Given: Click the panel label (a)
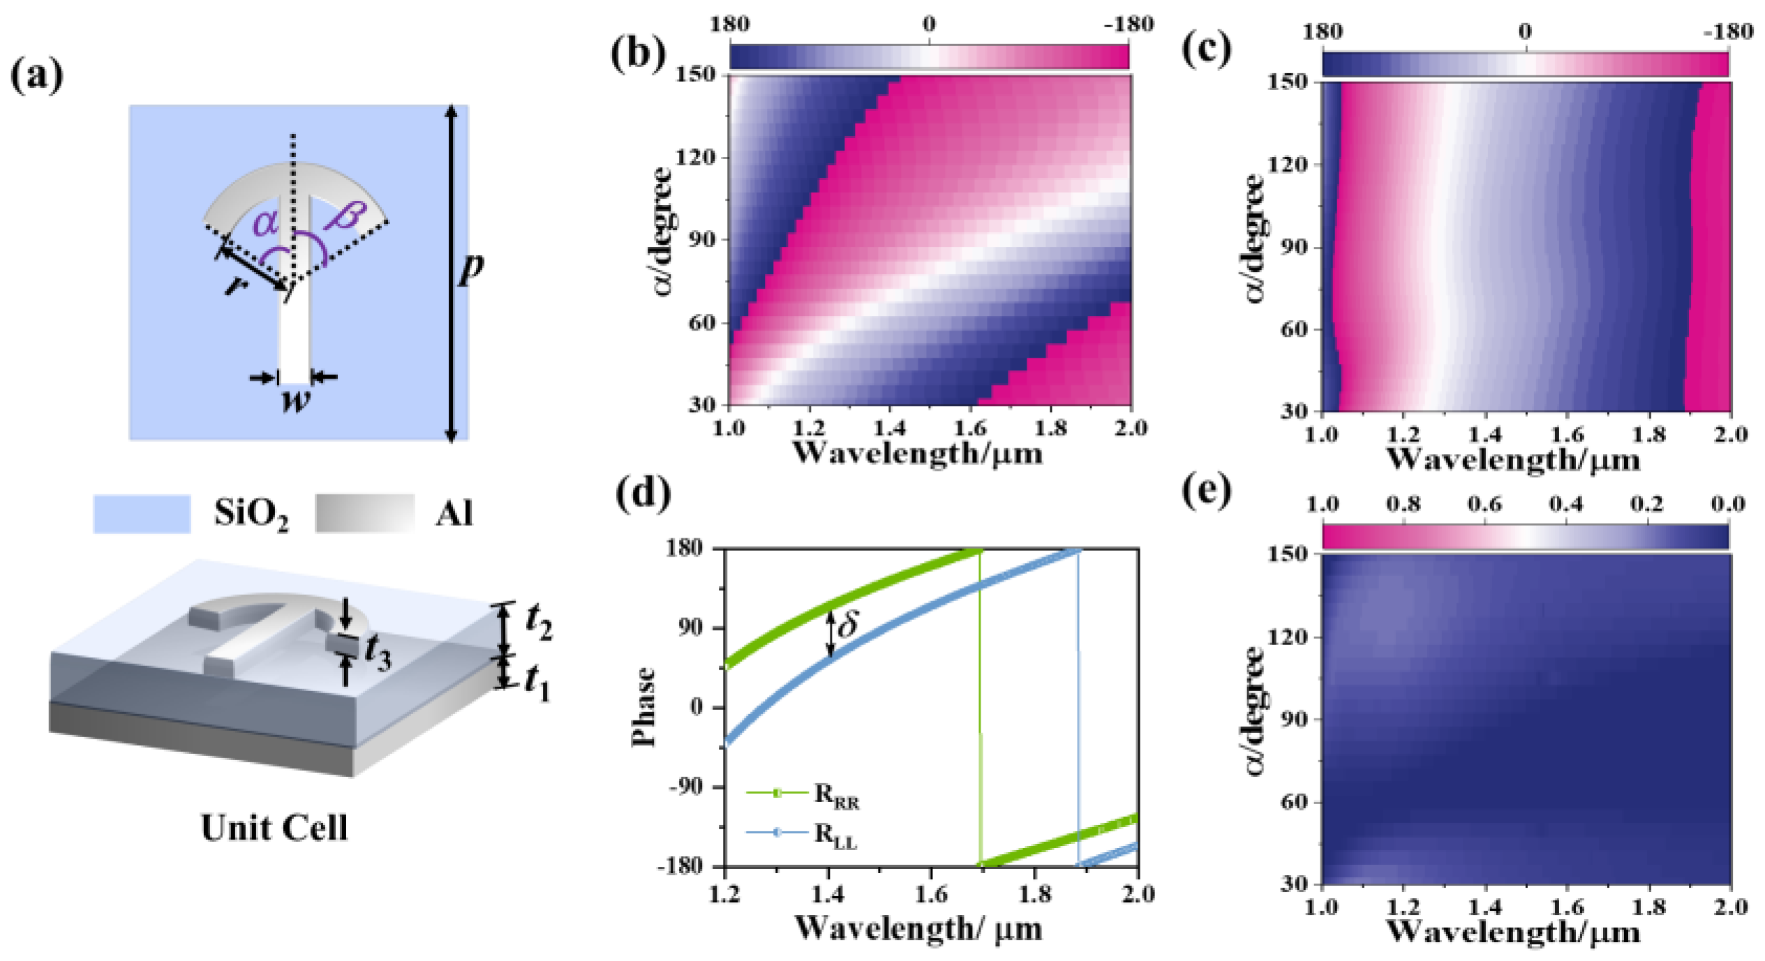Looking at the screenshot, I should pos(37,75).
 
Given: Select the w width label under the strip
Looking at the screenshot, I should pos(295,400).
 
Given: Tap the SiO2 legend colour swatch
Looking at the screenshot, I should pos(142,514).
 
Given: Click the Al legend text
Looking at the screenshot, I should pos(454,514).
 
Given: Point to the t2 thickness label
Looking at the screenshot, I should pos(539,621).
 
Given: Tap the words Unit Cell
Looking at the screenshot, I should pos(274,828).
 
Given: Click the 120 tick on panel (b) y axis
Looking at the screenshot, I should pos(696,158).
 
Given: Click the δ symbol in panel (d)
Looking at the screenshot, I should pos(847,624).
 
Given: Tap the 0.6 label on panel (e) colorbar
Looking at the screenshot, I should pos(1484,504).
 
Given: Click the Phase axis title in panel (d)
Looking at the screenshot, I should pos(643,707).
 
